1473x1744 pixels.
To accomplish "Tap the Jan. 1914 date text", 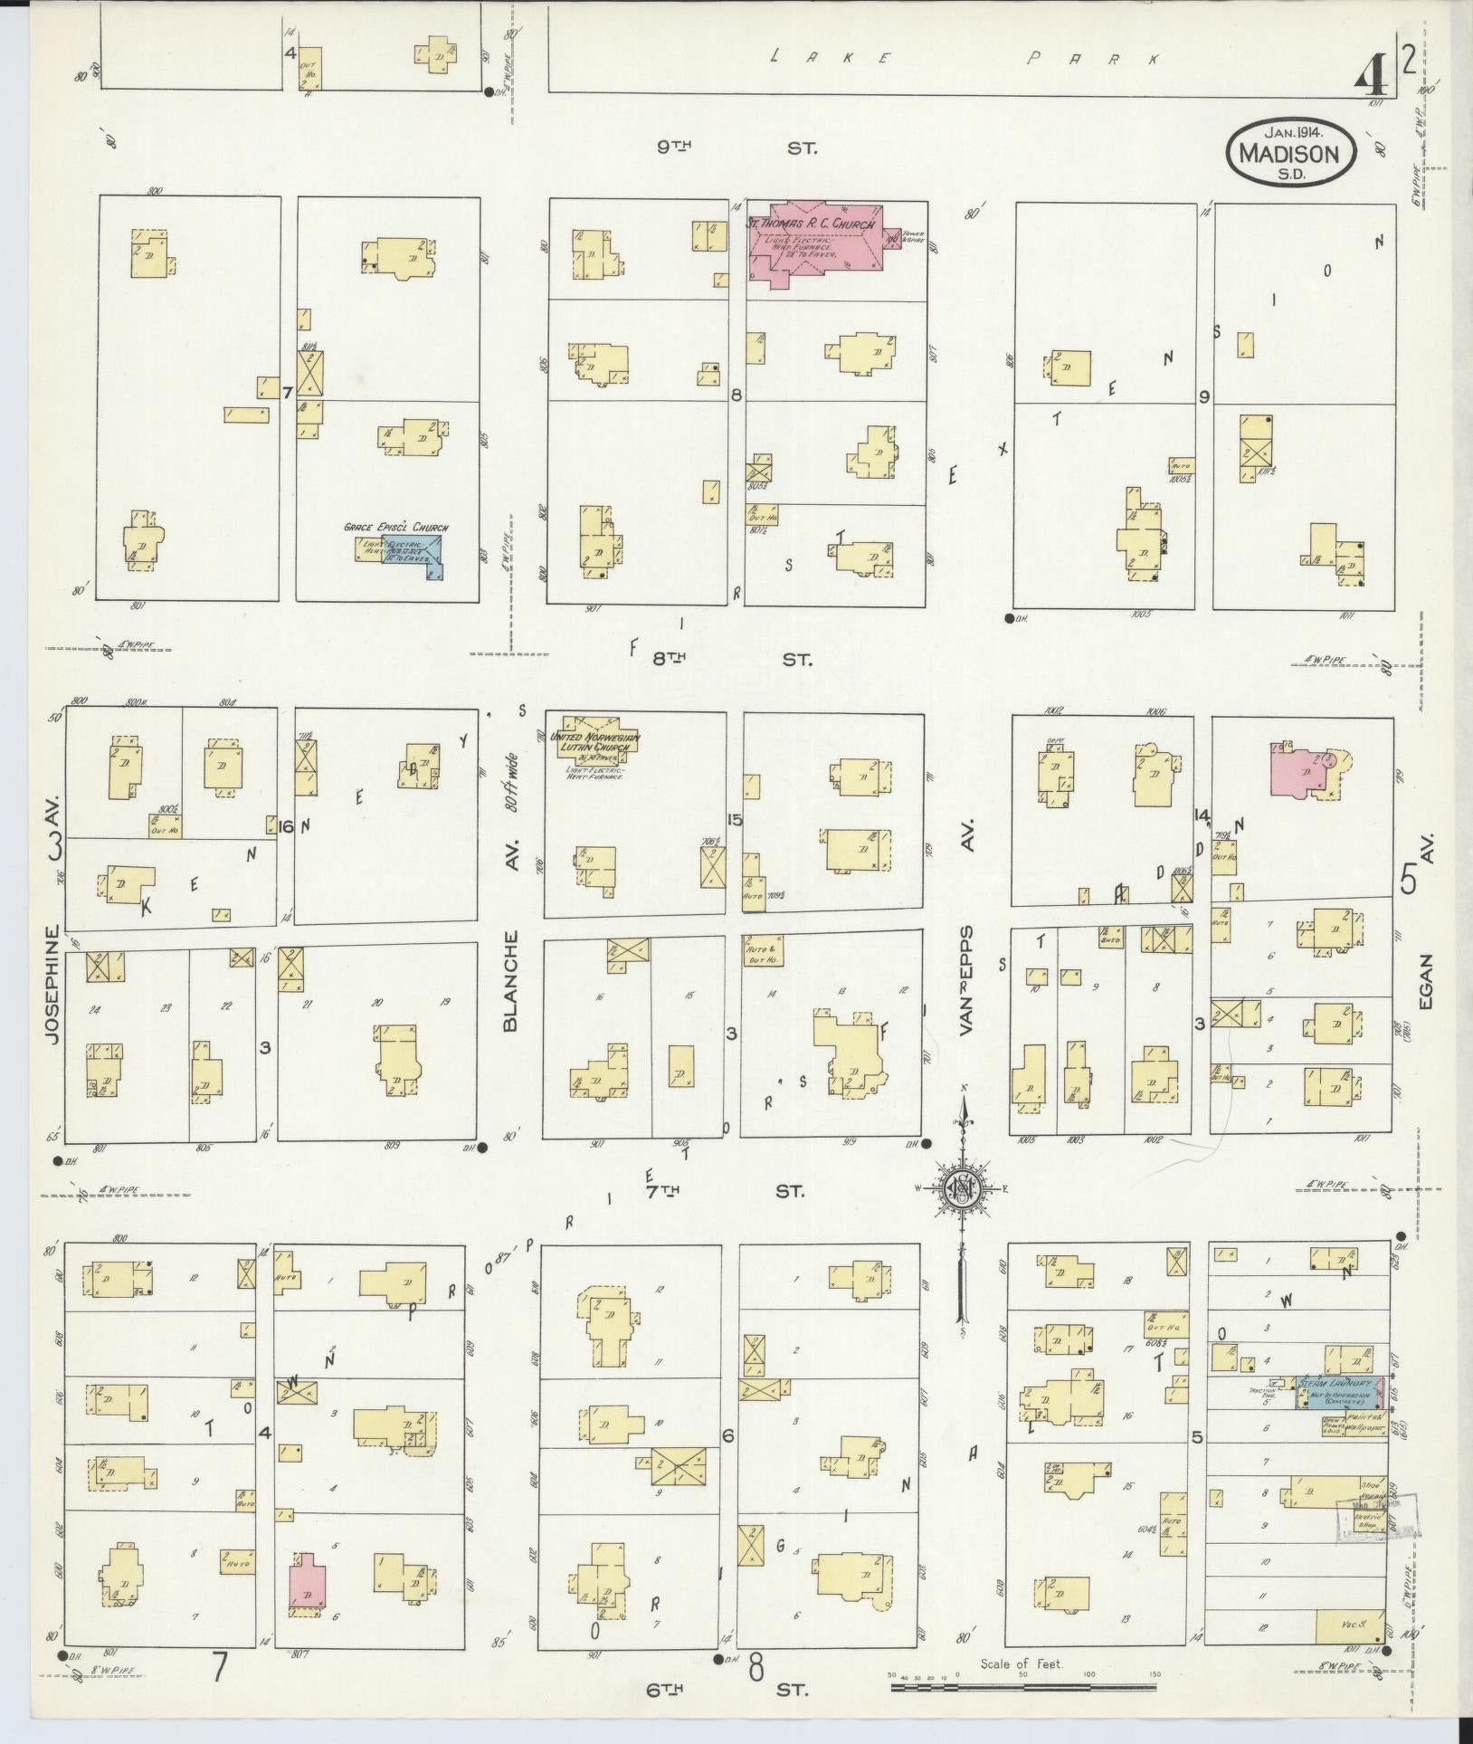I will (x=1291, y=133).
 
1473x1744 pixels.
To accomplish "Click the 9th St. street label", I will (x=737, y=147).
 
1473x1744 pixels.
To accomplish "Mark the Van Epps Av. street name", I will (x=968, y=977).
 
